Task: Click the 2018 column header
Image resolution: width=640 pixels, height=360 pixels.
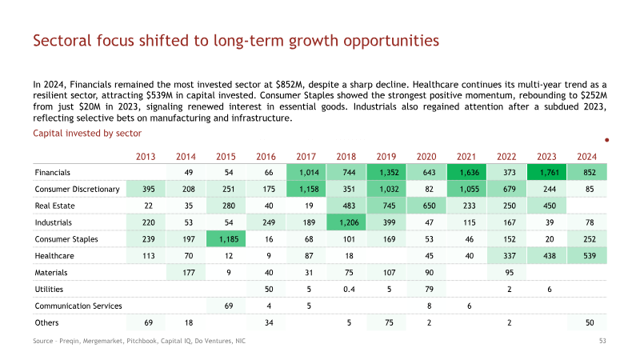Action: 346,157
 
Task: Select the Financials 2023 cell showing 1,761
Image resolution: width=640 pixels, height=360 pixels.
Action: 546,172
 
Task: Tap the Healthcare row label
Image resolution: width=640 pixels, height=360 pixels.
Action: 54,256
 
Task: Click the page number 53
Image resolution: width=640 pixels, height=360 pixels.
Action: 602,341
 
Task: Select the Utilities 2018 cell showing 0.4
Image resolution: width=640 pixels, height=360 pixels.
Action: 349,290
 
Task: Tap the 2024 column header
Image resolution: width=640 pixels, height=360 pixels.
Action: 586,157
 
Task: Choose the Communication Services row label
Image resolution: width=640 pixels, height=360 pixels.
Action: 78,306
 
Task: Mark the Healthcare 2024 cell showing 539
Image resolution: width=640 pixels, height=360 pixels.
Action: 587,256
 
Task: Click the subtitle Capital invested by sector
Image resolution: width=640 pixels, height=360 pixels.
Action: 87,134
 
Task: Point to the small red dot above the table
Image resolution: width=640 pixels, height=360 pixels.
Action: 607,140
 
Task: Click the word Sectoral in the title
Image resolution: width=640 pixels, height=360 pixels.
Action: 62,41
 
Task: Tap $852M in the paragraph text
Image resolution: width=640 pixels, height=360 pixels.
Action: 290,85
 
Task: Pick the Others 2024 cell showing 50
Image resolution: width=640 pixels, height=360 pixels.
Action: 587,323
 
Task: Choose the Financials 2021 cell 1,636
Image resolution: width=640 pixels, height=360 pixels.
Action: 466,172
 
